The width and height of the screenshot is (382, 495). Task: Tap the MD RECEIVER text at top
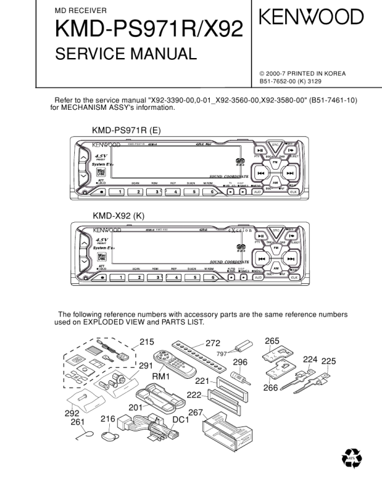[81, 11]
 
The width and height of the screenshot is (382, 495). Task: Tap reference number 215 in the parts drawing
[146, 341]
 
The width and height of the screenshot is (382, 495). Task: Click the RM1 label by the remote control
[161, 377]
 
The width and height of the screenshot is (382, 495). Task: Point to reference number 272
[213, 343]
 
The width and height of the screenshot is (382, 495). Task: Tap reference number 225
[328, 361]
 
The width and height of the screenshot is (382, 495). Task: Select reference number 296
[240, 362]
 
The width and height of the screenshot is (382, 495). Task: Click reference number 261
[77, 422]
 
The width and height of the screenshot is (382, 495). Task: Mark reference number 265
[272, 341]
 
